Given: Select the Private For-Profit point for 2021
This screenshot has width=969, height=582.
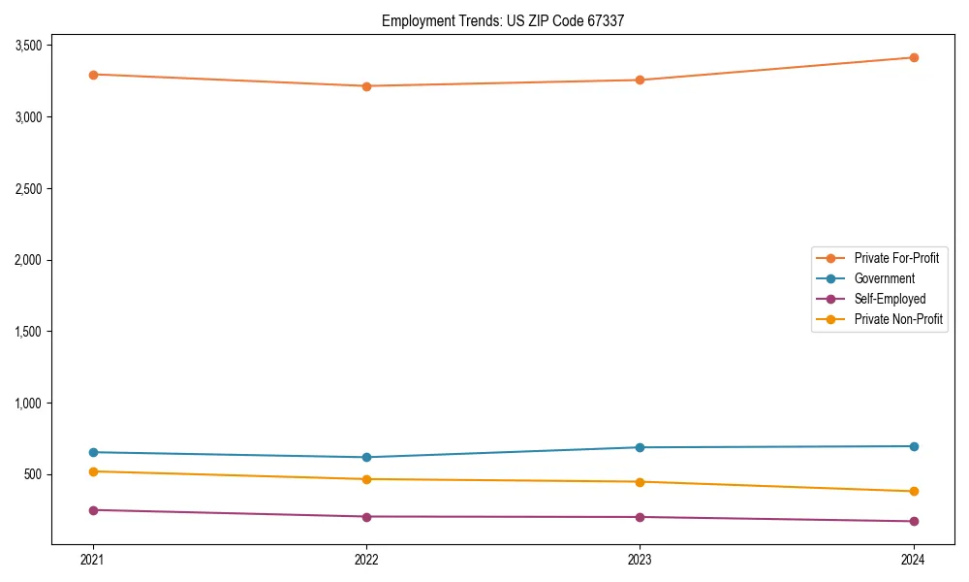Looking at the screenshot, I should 93,75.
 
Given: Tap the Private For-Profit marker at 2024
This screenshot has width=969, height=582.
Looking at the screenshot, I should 913,57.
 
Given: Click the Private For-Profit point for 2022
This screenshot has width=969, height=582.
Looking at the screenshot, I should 366,86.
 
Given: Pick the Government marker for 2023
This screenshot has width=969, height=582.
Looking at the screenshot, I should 640,447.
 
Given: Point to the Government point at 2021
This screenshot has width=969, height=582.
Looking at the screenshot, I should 93,452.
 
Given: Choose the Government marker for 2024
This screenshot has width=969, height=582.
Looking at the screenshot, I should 913,446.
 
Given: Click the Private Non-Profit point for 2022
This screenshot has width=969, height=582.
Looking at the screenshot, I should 366,479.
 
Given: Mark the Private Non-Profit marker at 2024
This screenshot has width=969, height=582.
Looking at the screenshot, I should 913,491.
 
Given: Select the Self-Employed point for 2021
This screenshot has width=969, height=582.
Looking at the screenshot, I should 93,510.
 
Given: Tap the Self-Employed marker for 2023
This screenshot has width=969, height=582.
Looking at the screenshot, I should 640,517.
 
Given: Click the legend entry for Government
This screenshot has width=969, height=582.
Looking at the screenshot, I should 884,278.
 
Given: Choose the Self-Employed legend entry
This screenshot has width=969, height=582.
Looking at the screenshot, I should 890,299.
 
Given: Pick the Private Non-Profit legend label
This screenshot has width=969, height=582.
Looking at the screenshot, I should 898,319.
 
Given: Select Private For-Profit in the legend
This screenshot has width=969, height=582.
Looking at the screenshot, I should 896,258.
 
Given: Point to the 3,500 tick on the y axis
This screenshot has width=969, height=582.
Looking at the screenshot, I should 28,46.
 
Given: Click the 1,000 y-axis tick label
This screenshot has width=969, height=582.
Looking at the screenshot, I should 28,403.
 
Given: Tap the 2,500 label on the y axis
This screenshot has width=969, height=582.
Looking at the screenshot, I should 28,188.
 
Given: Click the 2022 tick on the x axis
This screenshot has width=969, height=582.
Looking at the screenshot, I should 366,559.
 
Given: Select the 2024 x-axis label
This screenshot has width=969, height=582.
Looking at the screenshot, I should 913,559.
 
